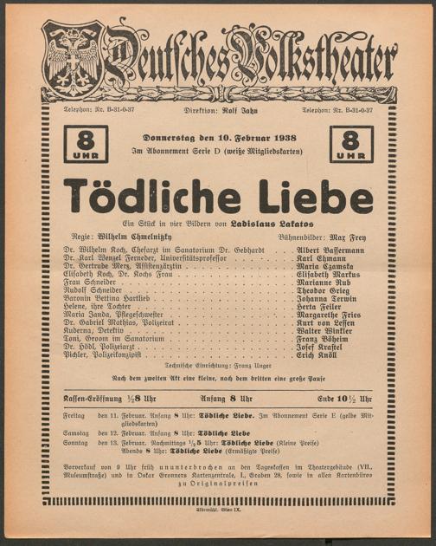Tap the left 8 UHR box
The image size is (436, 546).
pos(87,144)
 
